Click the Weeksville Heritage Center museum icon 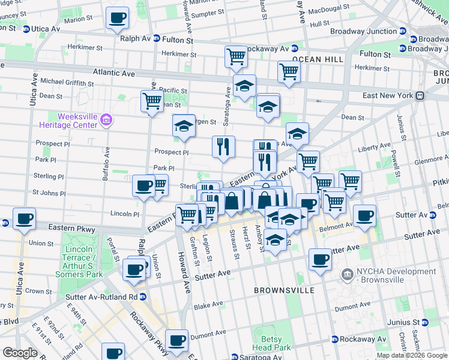point(107,120)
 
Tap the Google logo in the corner point(20,353)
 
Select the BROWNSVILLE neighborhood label point(284,290)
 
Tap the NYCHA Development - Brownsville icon point(347,275)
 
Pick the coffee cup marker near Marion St point(117,17)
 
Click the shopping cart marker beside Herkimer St point(236,56)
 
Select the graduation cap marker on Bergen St point(184,125)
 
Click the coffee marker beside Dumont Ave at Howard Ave point(176,340)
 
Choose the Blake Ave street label point(209,305)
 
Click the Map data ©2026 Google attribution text point(411,355)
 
